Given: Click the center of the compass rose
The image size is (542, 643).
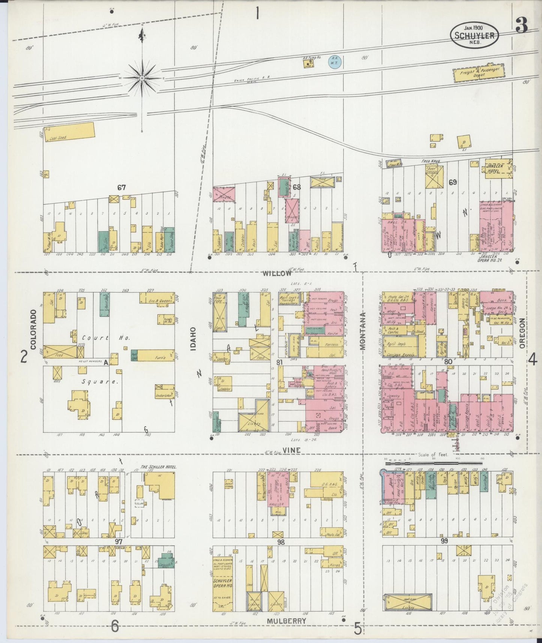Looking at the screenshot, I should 142,78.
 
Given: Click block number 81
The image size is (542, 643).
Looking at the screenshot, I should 279,362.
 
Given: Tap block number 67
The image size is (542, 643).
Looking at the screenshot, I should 121,188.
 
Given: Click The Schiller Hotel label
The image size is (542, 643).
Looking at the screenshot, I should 158,467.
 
